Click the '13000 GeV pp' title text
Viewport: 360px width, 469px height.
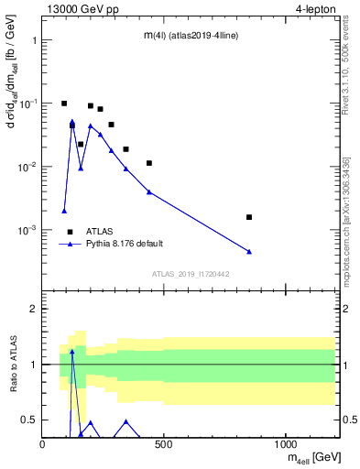coord(80,10)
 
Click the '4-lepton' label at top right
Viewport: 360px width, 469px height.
coord(315,10)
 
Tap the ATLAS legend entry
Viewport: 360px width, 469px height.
coord(102,231)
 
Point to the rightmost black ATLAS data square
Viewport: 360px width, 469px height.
coord(249,217)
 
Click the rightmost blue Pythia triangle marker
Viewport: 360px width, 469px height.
coord(249,251)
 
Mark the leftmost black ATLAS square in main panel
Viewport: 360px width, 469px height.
coord(64,104)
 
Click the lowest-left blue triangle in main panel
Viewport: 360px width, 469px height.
coord(64,211)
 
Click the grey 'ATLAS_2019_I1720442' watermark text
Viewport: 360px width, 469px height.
coord(190,274)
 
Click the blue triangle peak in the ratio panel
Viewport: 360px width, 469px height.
coord(72,351)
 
